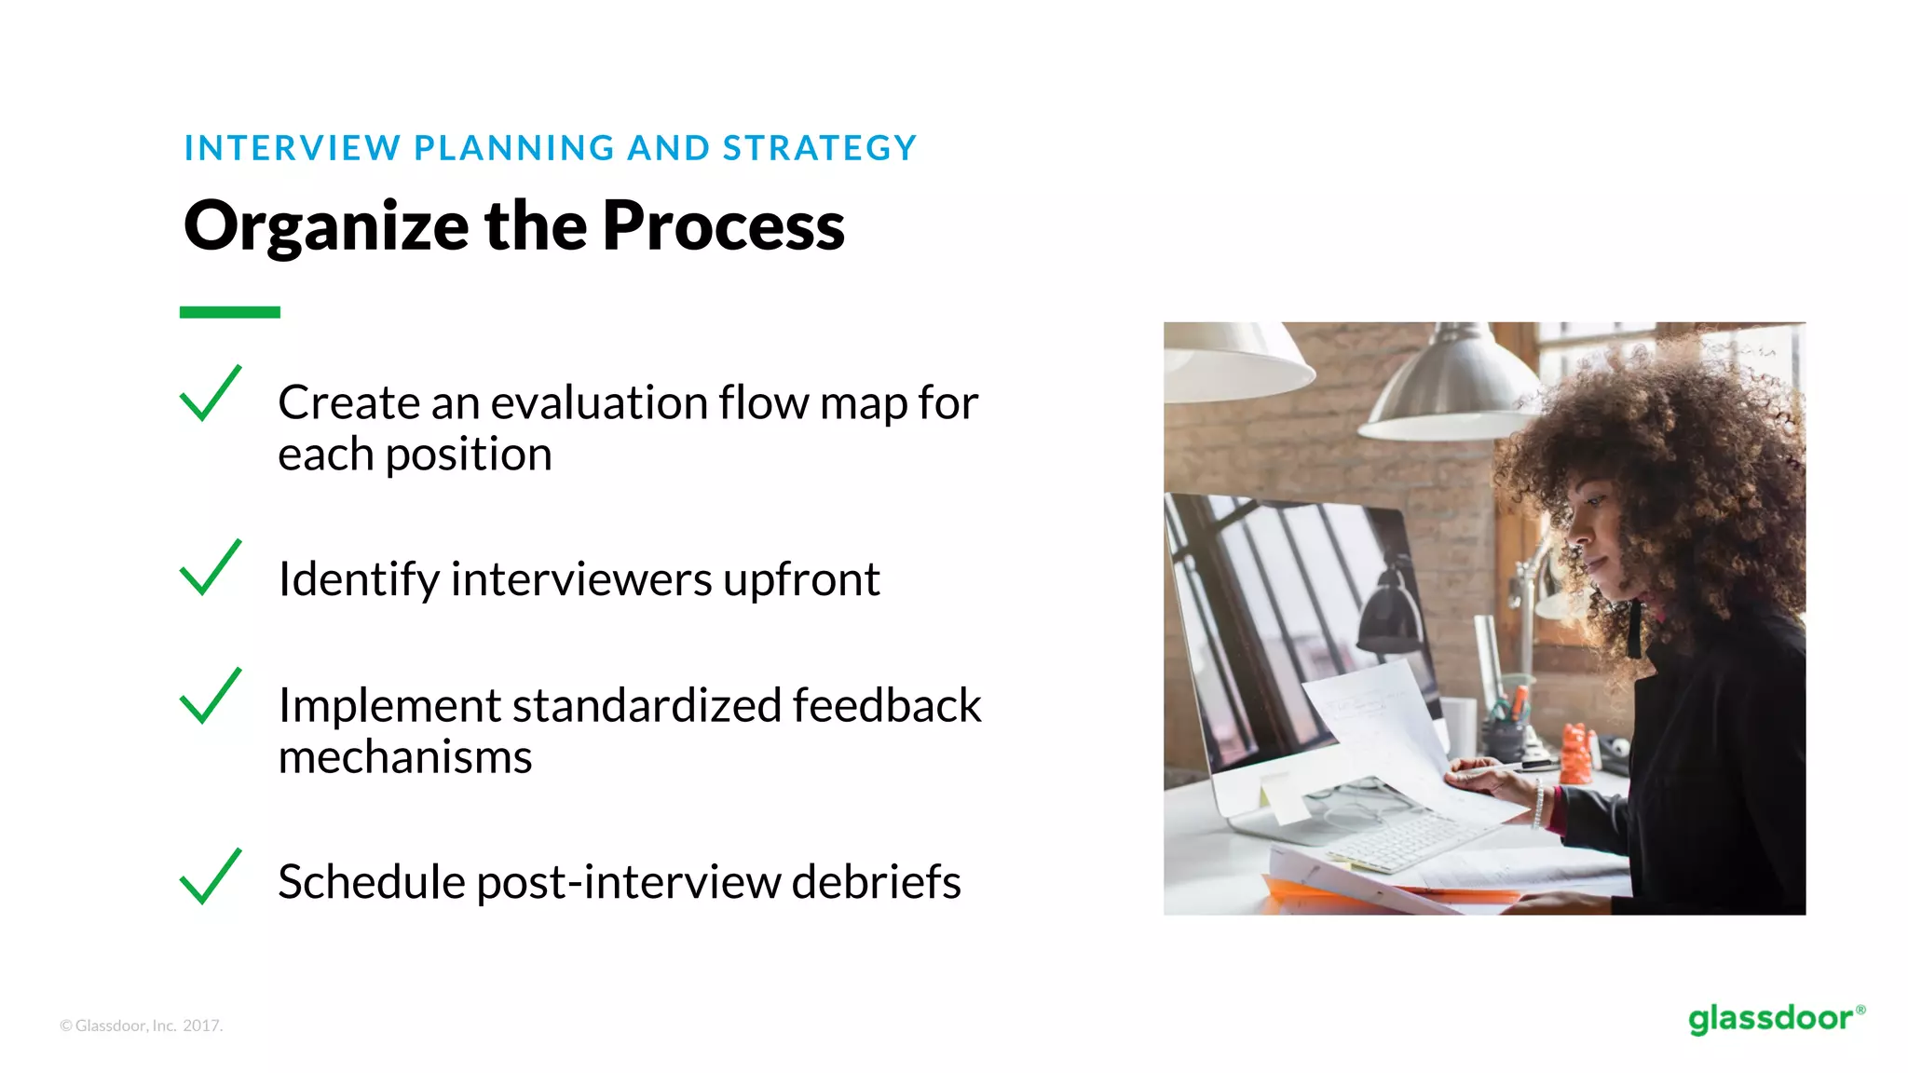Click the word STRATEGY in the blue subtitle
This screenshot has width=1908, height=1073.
pos(820,148)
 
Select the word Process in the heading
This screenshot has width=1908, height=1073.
pos(723,226)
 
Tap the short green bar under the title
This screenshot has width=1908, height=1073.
pos(229,312)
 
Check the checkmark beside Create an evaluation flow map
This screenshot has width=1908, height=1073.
pos(210,394)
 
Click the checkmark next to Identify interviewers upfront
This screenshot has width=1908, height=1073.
pos(210,568)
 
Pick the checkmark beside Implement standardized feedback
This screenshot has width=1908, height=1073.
pos(210,697)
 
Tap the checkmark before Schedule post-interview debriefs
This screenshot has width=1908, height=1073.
pos(210,877)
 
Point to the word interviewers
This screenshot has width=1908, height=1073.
pos(581,579)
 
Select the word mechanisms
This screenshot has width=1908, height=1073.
pos(405,757)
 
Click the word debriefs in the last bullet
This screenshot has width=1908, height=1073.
pos(875,882)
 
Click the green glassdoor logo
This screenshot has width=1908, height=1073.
pos(1775,1019)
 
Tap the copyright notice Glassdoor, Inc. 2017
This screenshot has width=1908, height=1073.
pos(142,1025)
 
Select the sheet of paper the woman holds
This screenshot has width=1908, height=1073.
pos(1388,736)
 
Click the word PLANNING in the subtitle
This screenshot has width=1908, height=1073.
pos(514,148)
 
